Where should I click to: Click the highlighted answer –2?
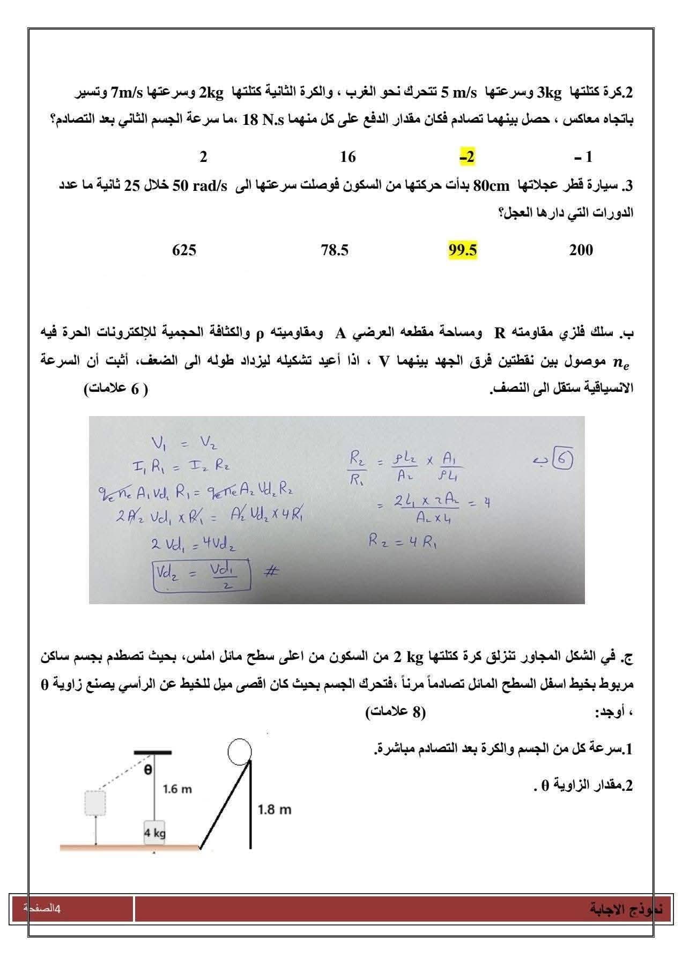[467, 157]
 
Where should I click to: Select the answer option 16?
[347, 157]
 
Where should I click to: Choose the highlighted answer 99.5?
[462, 250]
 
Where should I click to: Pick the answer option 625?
[184, 250]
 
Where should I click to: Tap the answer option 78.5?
[335, 250]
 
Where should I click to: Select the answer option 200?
[581, 250]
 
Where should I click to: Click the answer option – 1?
[583, 157]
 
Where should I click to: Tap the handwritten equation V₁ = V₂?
[184, 443]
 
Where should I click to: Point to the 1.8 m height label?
[274, 810]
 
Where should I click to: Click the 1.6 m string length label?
[177, 789]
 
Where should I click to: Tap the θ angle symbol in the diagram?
[148, 769]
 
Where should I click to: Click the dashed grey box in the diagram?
[95, 803]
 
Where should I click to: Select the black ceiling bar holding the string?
[153, 752]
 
